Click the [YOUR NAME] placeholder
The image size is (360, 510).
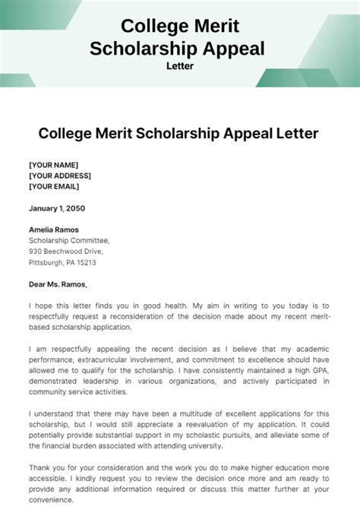[x=53, y=164]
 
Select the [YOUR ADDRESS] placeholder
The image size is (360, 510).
[x=59, y=175]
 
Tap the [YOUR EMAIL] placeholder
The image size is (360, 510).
[x=55, y=185]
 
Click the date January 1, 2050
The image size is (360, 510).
[x=57, y=207]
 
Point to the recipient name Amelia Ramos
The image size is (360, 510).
[x=53, y=230]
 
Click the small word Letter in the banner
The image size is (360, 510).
[x=179, y=65]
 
